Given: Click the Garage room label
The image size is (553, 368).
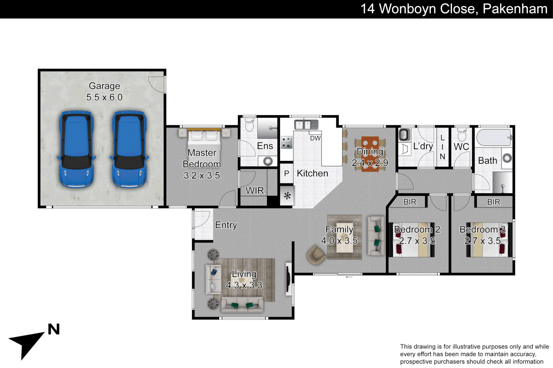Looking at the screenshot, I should click(104, 86).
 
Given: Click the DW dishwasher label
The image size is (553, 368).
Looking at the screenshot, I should click(315, 138).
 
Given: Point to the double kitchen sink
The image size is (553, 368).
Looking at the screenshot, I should click(306, 125).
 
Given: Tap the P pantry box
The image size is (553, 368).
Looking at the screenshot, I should click(286, 173).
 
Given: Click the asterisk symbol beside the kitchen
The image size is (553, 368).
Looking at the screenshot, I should click(287, 196).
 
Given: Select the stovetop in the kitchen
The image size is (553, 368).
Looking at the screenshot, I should click(286, 142).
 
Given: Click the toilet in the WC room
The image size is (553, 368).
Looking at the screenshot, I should click(462, 135).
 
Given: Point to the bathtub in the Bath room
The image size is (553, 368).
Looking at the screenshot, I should click(494, 137).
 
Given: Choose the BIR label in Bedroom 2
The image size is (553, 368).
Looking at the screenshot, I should click(410, 202).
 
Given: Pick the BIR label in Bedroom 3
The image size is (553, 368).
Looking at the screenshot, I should click(493, 202).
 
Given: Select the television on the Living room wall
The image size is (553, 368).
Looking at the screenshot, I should click(288, 278).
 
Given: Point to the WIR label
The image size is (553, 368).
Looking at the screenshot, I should click(255, 191).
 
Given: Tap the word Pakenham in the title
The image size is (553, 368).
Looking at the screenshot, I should click(515, 9).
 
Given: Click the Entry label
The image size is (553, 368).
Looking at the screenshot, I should click(226, 225).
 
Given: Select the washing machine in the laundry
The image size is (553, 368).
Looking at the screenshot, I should click(404, 135).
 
